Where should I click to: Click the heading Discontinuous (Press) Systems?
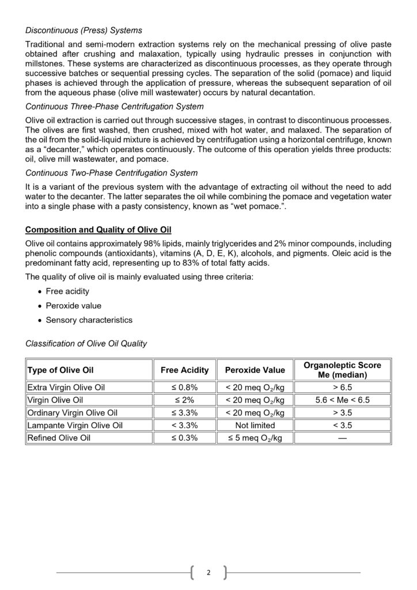click(x=84, y=30)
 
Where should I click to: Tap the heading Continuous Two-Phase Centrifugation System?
click(x=111, y=173)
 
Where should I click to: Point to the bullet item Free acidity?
click(x=67, y=292)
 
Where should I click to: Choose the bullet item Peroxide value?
click(x=73, y=306)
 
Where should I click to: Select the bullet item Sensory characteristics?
click(x=89, y=320)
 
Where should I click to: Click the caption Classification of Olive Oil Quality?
click(x=86, y=344)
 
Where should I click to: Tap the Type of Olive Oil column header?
click(x=60, y=370)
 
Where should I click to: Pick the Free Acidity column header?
click(x=184, y=370)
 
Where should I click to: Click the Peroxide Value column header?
click(x=255, y=370)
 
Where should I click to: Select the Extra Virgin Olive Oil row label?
click(x=66, y=387)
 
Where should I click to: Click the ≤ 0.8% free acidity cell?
click(x=184, y=387)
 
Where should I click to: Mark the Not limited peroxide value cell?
click(x=255, y=425)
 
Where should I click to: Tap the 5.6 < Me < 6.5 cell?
click(x=342, y=400)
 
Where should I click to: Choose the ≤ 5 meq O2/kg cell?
click(x=255, y=438)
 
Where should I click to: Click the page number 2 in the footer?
click(x=208, y=573)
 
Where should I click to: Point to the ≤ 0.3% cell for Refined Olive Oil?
click(x=184, y=438)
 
